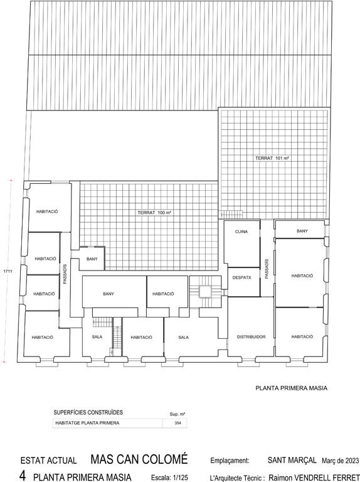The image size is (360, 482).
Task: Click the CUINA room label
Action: tap(241, 232)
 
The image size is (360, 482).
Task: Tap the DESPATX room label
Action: tap(241, 277)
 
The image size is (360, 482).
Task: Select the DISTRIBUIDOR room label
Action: tap(251, 337)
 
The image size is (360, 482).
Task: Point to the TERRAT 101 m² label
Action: tap(272, 158)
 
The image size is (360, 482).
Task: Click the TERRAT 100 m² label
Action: tap(154, 213)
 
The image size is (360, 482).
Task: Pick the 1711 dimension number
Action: tap(8, 271)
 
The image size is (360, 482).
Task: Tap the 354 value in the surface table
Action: tap(177, 423)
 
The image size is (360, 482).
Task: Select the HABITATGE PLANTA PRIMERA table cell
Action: tap(87, 423)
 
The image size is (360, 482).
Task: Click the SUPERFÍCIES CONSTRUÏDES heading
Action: tap(88, 412)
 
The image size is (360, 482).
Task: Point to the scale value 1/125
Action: tap(180, 478)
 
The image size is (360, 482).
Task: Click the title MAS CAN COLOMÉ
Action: tap(139, 459)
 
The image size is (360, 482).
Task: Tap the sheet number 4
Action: tap(23, 476)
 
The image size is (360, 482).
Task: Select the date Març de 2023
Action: tap(341, 461)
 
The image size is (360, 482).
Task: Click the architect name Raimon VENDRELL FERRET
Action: tap(314, 478)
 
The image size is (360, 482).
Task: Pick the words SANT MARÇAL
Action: tap(292, 460)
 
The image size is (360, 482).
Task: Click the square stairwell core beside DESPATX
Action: tap(206, 292)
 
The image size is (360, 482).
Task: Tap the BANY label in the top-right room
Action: tap(302, 231)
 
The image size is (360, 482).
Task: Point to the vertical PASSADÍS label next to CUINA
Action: tap(267, 269)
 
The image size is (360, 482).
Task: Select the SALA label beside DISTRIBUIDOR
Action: tap(183, 337)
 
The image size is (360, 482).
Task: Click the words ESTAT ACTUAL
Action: tap(48, 461)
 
